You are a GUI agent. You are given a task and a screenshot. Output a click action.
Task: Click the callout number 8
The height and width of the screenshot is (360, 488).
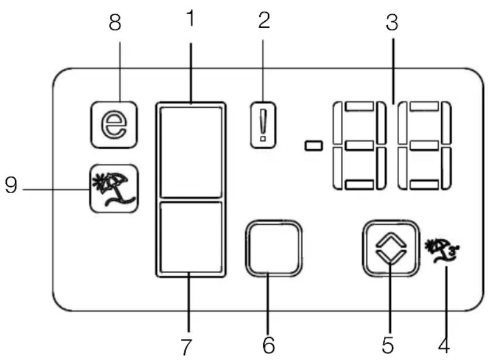pos(115,22)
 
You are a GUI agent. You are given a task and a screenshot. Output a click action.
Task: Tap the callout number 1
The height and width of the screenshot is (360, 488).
pos(191,18)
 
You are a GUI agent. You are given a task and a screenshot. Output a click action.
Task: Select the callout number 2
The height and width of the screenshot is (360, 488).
pos(264,20)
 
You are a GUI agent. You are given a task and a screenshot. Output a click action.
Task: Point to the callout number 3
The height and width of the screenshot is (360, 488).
pos(392,22)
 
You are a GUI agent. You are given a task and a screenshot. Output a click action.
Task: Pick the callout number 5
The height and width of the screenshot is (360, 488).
pos(388,345)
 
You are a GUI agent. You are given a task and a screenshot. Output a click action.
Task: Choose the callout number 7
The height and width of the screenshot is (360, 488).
pos(186,347)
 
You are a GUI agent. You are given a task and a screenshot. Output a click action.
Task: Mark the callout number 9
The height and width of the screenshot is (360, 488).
pos(11,186)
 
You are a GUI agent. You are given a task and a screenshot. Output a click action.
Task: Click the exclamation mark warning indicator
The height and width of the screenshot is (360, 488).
pos(263,125)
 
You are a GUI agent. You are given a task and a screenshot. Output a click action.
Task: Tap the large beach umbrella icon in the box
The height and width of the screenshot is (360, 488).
pos(114,189)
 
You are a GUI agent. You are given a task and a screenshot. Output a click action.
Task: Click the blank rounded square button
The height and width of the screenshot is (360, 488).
pos(274,248)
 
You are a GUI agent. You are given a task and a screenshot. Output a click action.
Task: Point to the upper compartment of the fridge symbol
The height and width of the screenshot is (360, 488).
pos(191,152)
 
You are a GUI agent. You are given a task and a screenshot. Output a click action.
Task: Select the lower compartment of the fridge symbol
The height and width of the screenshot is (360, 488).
pos(191,237)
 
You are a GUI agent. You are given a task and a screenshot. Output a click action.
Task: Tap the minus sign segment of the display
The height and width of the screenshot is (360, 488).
pos(314,146)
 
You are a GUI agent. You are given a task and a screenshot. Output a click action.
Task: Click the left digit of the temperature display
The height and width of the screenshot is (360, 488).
pos(359,146)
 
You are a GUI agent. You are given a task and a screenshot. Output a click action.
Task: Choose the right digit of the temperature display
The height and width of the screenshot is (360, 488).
pos(424,146)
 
